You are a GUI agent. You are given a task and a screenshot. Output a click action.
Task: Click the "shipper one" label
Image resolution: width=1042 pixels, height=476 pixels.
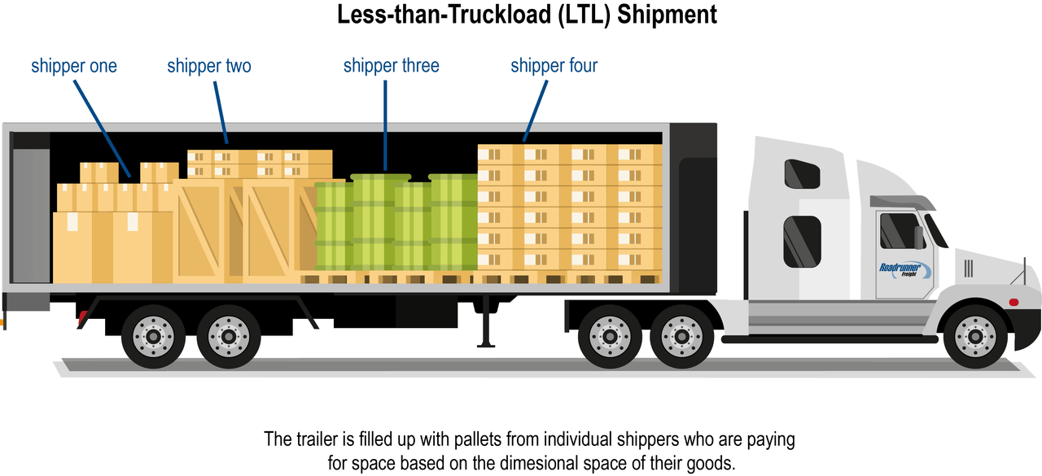[x=74, y=66]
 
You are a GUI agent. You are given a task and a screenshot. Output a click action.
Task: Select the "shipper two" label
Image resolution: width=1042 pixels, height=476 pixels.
[x=209, y=66]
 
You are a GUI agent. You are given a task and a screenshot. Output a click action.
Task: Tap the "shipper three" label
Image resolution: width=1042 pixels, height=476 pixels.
[x=392, y=66]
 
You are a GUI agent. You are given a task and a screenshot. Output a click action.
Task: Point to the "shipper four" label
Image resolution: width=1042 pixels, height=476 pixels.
[x=554, y=66]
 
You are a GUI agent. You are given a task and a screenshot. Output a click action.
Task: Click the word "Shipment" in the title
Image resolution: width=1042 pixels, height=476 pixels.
[x=667, y=15]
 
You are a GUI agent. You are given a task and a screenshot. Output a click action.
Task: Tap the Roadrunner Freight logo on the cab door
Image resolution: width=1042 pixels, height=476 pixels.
[x=904, y=270]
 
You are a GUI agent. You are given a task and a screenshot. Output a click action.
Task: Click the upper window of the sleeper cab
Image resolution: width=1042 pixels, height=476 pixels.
[x=802, y=174]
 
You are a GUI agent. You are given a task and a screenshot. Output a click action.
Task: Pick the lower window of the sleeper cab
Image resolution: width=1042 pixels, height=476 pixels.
[x=802, y=241]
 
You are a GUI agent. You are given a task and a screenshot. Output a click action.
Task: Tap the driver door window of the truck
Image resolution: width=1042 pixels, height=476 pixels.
[x=900, y=231]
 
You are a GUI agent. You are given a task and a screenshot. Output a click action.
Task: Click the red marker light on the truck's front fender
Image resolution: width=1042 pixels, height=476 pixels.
[x=1014, y=302]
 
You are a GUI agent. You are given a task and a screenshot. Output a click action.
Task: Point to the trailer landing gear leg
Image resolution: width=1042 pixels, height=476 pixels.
[x=486, y=321]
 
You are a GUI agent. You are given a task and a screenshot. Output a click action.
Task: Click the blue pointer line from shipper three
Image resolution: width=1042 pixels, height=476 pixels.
[x=385, y=125]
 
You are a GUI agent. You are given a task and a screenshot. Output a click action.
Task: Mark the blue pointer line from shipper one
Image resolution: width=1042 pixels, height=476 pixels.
[x=103, y=129]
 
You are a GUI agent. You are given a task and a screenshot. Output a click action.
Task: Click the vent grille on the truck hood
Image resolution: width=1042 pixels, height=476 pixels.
[x=968, y=269]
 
